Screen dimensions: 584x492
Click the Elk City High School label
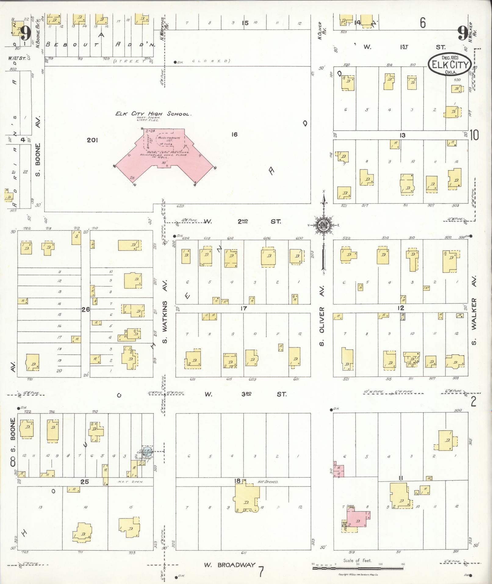click(x=153, y=114)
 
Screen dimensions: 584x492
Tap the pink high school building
click(x=165, y=153)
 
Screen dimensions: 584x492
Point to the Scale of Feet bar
click(x=358, y=568)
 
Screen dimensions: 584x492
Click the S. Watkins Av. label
click(x=165, y=322)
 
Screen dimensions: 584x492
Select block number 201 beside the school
click(x=92, y=140)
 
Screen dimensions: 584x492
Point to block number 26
click(x=85, y=310)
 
